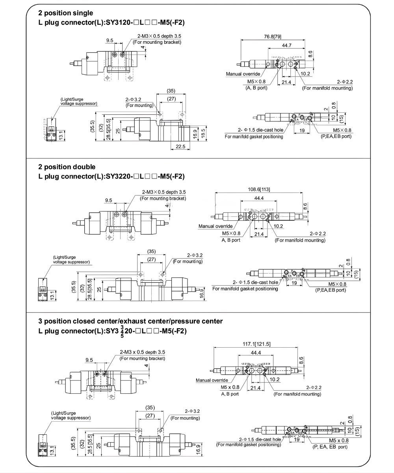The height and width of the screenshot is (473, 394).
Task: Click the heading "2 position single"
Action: point(66,13)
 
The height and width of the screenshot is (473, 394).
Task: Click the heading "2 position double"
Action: point(67,167)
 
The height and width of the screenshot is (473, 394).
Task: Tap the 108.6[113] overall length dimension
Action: point(259,189)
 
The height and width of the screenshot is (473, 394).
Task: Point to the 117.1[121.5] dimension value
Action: point(256,344)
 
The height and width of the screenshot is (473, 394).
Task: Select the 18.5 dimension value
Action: point(203,131)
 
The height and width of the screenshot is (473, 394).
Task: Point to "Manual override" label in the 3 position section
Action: point(212,380)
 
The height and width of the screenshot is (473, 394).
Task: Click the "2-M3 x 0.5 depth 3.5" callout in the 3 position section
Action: point(142,352)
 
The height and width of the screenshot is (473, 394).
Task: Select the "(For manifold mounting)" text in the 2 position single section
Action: point(327,88)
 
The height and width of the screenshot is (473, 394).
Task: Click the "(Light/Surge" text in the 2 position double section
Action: point(65,257)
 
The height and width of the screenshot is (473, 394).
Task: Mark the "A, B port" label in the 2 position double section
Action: point(231,239)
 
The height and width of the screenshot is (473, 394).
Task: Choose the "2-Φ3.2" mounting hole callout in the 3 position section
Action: point(192,411)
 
